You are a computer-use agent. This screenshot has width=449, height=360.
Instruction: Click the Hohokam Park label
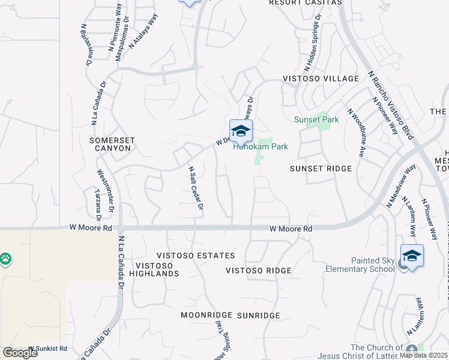point(261,146)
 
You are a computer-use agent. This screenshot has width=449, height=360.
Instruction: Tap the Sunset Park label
point(316,119)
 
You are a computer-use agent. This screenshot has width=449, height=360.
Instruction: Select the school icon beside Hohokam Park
point(241,131)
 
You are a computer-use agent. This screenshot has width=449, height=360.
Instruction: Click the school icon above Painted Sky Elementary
point(412,256)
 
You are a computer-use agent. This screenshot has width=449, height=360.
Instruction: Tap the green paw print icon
point(6,260)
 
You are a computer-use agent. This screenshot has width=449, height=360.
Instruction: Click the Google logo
point(20,353)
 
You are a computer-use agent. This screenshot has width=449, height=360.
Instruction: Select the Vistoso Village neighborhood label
point(321,79)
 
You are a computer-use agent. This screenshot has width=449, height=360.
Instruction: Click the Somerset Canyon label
point(111,144)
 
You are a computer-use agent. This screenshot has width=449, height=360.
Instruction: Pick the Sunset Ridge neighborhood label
point(321,169)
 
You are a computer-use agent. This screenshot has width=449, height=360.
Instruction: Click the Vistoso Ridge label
point(259,271)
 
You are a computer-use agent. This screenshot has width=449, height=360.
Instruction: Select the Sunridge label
point(259,315)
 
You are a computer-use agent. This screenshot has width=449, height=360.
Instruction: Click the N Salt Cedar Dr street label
point(196,188)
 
